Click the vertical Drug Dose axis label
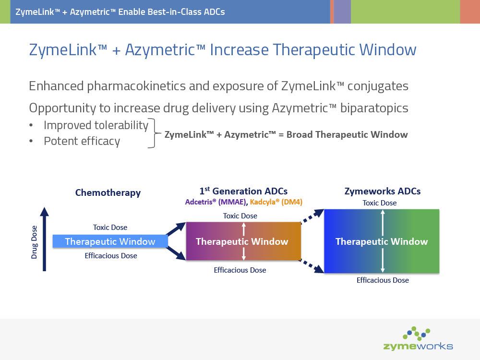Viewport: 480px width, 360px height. (x=35, y=243)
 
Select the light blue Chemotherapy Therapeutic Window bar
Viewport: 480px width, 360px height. (x=110, y=241)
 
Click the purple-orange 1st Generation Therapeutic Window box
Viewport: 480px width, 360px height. (x=242, y=241)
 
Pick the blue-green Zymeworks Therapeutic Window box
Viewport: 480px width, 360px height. (x=382, y=241)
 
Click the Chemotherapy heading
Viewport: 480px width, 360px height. (x=108, y=193)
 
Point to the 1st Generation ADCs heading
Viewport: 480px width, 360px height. (x=243, y=191)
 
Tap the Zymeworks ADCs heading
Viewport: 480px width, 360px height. (x=383, y=191)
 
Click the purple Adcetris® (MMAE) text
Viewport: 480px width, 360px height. (x=216, y=202)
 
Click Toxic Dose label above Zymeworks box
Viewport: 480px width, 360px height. (x=379, y=203)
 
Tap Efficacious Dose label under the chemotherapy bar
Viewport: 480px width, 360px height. (x=111, y=256)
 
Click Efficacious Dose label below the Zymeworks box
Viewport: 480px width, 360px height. (x=383, y=280)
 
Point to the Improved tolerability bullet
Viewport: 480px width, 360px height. (x=96, y=125)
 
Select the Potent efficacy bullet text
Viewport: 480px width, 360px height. (x=82, y=141)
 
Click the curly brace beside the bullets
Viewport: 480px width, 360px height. (x=153, y=133)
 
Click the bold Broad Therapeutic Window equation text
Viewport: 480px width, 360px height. (x=286, y=135)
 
